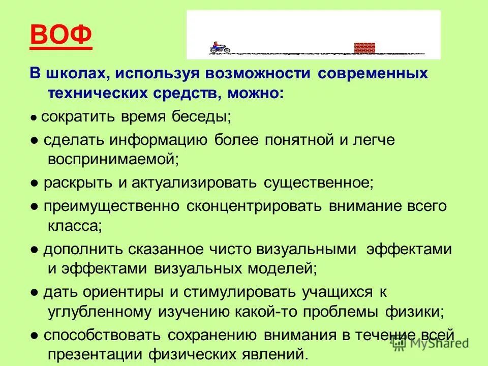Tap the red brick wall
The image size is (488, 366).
[364, 48]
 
